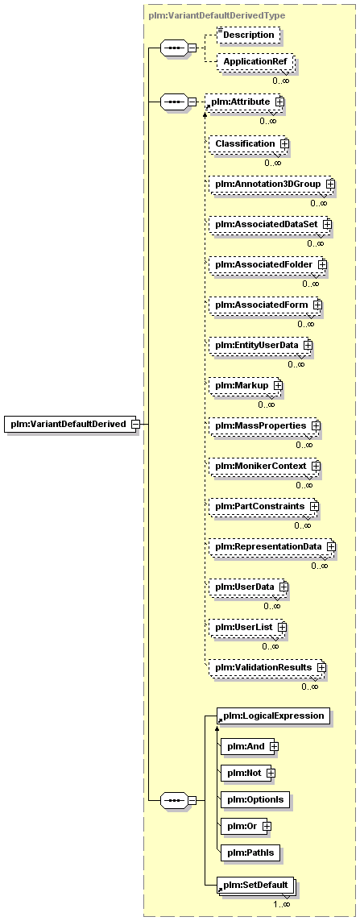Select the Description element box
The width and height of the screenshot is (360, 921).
tap(248, 35)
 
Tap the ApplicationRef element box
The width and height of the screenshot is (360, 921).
tap(254, 61)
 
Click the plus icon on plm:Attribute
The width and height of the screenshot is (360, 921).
tap(279, 102)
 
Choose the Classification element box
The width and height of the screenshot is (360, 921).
tap(250, 143)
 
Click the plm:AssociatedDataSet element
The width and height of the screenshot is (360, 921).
tap(270, 224)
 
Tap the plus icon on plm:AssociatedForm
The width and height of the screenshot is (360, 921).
tap(317, 305)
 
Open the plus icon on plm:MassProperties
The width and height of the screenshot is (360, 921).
tap(316, 425)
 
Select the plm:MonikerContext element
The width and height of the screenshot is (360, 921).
tap(266, 466)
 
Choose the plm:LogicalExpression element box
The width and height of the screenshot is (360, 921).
tap(272, 716)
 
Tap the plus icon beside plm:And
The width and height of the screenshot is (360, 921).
tap(273, 747)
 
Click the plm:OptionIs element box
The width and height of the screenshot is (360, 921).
tap(255, 799)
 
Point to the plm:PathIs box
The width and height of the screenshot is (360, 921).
tap(250, 853)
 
